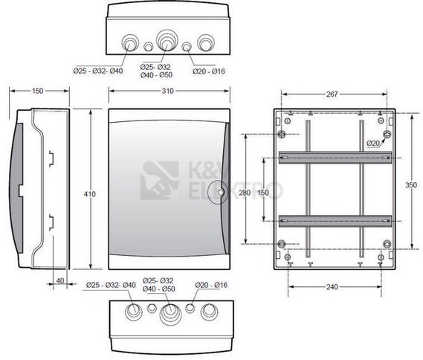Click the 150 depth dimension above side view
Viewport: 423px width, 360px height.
point(37,91)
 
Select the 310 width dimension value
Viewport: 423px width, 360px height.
point(167,91)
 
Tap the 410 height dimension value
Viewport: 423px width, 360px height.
point(89,194)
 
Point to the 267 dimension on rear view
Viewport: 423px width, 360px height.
point(332,94)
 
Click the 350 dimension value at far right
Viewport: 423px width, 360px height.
point(411,185)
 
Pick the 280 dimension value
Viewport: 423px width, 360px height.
point(245,193)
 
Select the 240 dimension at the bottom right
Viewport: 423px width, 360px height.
point(332,286)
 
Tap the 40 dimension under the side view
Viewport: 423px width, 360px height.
point(60,280)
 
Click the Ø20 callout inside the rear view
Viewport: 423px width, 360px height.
point(373,144)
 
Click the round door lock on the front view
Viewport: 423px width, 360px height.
point(218,192)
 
